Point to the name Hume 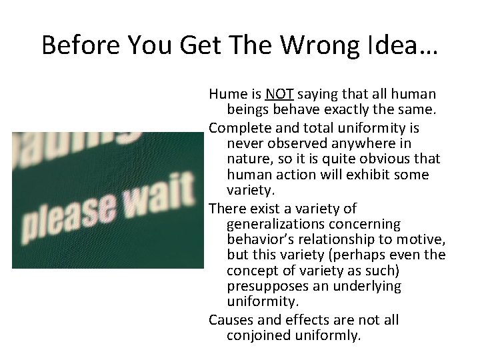click(x=227, y=95)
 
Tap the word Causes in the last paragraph click(x=231, y=320)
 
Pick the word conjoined click(x=257, y=336)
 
